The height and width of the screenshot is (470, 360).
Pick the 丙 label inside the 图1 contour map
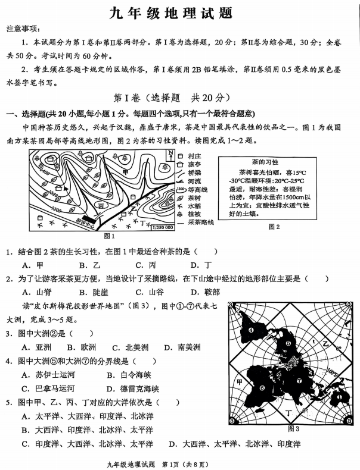click(100, 205)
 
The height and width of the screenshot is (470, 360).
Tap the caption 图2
click(274, 226)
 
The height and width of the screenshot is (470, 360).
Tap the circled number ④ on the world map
click(251, 331)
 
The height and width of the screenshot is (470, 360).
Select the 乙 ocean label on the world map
click(325, 344)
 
